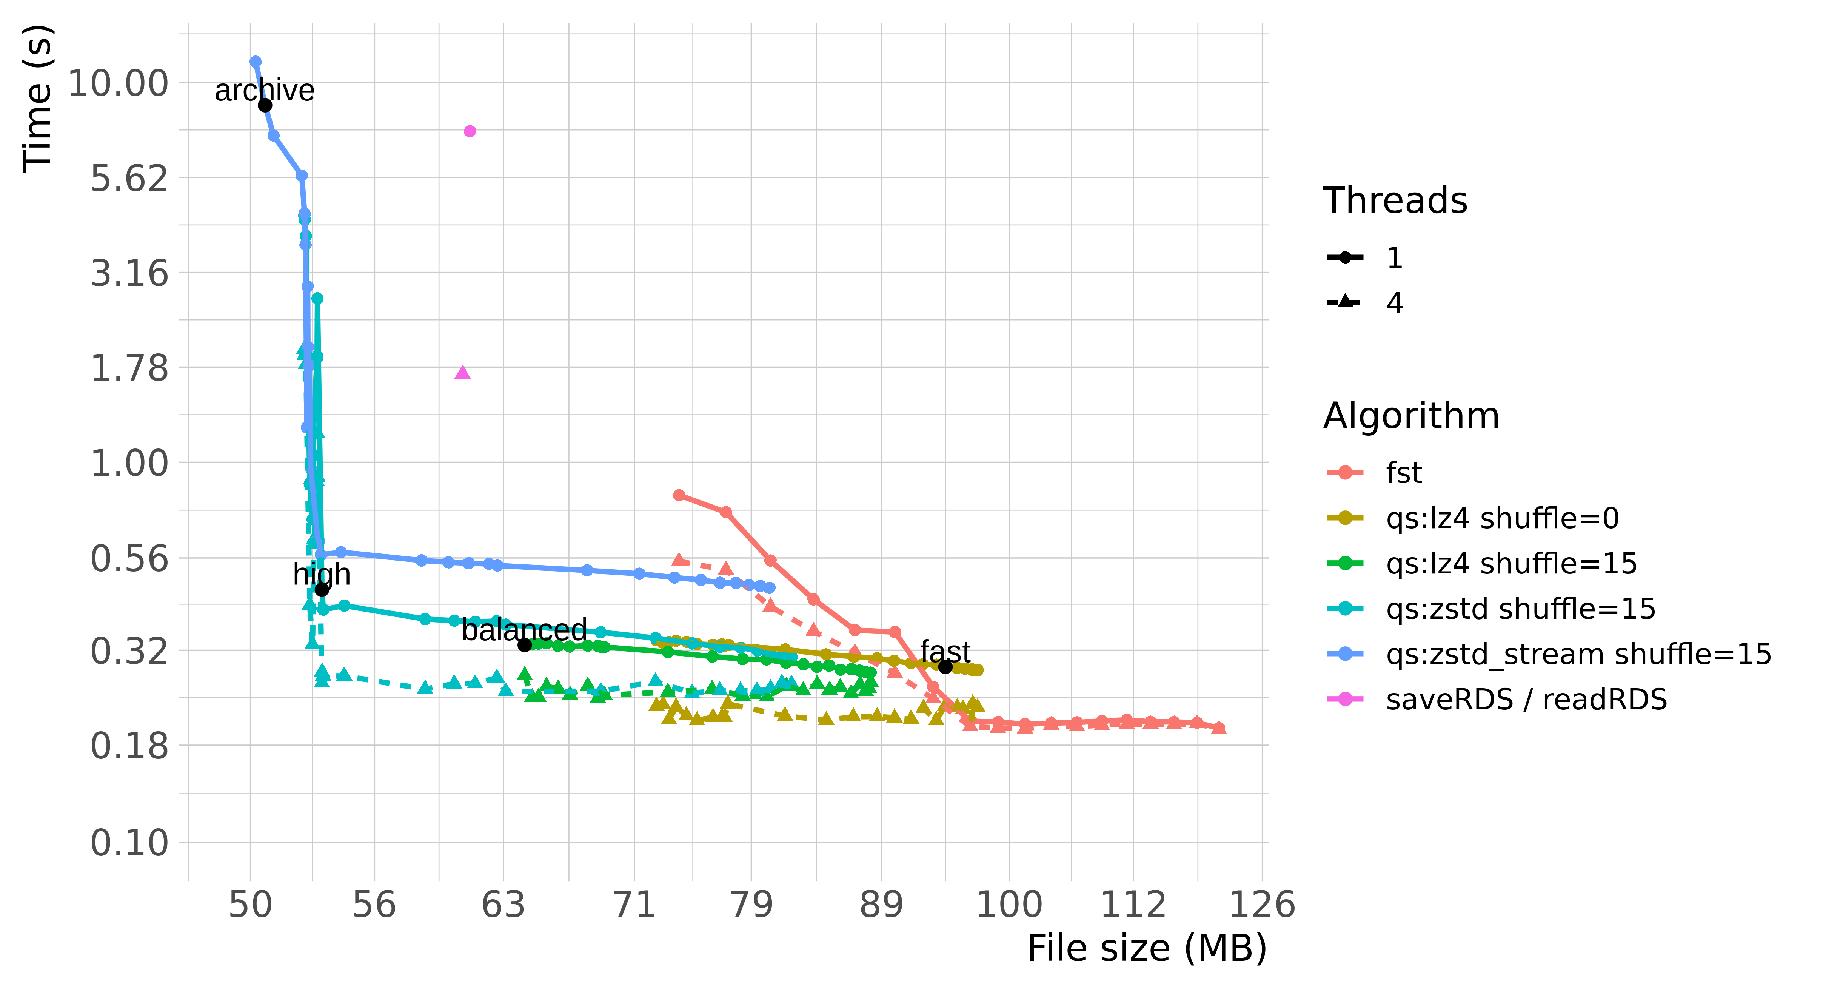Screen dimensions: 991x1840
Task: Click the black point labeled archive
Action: click(x=265, y=105)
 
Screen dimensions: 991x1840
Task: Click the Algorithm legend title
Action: click(x=1411, y=416)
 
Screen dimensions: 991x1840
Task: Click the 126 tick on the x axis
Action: click(x=1261, y=905)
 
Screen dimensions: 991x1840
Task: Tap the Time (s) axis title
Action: click(x=37, y=99)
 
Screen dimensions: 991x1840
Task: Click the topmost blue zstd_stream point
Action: click(x=255, y=62)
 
